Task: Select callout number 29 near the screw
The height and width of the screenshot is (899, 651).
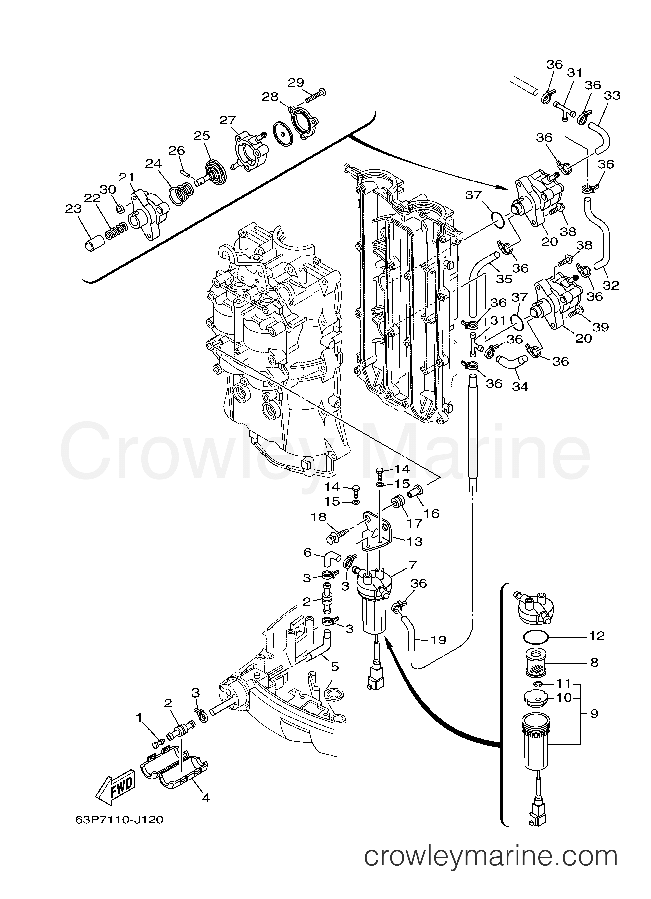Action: click(296, 82)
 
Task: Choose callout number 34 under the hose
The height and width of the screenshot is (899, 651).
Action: click(520, 386)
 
